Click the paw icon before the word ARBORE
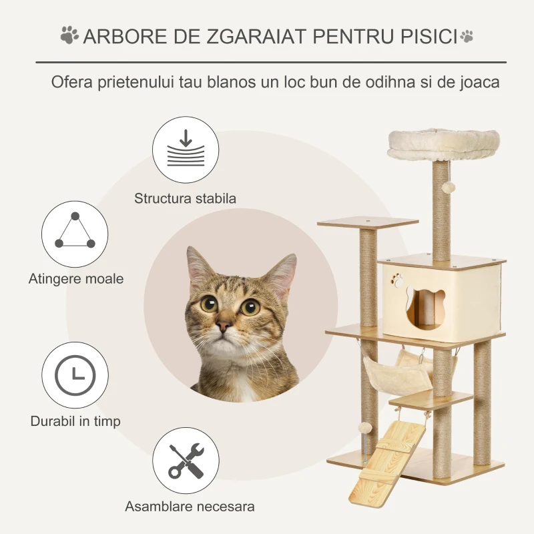(69, 35)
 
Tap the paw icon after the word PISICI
(467, 35)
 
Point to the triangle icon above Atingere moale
(75, 230)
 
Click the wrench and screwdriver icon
(186, 461)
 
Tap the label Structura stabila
(185, 198)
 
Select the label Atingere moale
(76, 279)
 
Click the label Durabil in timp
(75, 421)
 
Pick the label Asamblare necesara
(190, 507)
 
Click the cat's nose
(225, 325)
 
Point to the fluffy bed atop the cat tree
(443, 144)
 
